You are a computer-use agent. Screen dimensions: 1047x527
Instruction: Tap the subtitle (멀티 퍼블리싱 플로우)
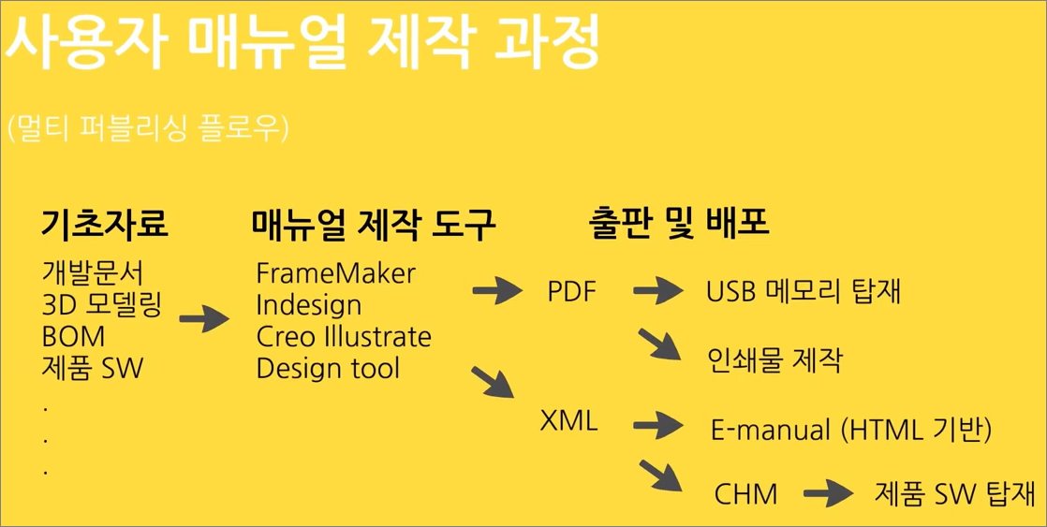(x=148, y=128)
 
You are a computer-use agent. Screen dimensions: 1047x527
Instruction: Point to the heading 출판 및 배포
(x=680, y=226)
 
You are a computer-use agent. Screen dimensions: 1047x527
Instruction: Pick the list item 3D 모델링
(x=101, y=305)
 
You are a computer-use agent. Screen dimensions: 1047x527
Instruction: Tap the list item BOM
(x=73, y=337)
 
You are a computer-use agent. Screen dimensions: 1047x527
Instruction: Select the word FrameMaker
(x=336, y=272)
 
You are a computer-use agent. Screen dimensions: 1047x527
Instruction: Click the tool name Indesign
(x=309, y=305)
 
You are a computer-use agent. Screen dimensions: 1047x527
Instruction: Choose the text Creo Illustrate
(x=344, y=337)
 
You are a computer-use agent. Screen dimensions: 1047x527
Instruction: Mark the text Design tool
(x=328, y=368)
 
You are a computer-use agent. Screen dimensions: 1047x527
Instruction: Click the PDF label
(x=571, y=291)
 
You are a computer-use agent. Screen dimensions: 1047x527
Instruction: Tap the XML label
(x=568, y=421)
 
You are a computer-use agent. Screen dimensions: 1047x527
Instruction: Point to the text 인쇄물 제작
(x=774, y=361)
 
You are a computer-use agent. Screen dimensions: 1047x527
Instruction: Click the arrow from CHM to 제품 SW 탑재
(x=829, y=495)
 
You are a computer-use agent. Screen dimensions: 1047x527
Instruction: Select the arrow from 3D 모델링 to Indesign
(x=204, y=319)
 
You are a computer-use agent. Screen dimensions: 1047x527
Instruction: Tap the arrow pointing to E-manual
(x=658, y=424)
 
